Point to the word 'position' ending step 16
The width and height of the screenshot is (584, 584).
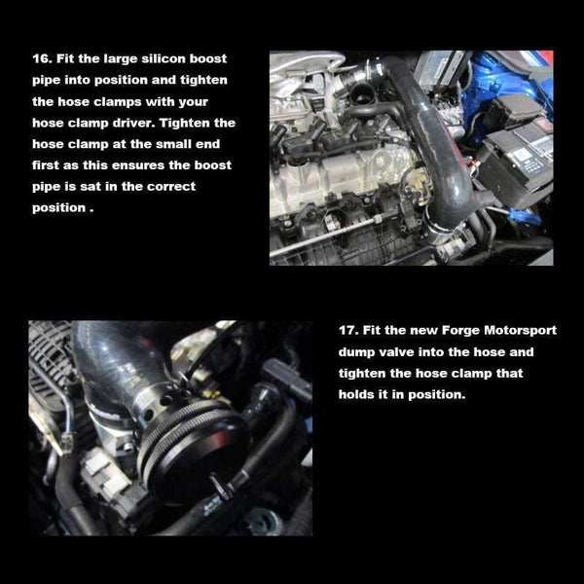coord(60,207)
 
